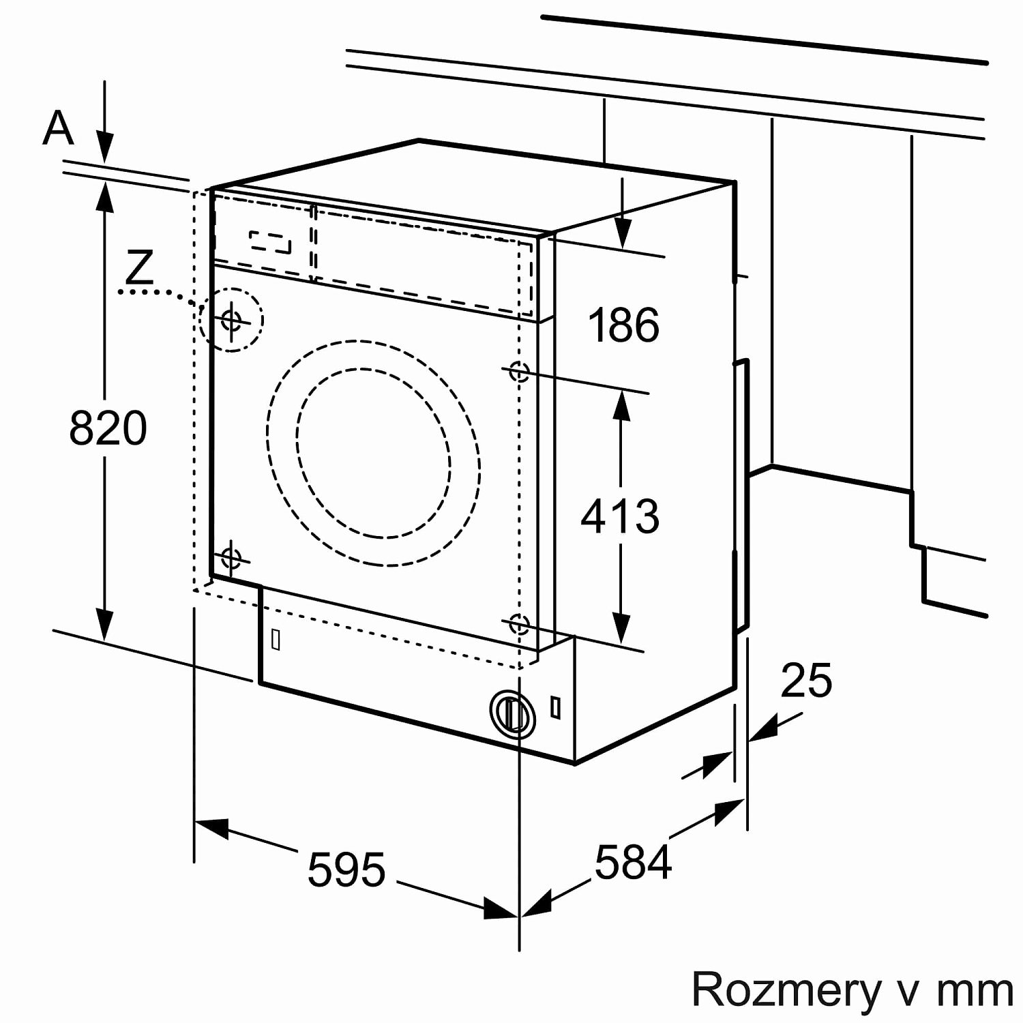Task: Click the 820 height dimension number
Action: (x=108, y=428)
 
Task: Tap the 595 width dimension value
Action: (x=346, y=870)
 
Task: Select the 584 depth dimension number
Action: (x=633, y=862)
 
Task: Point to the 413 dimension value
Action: (x=620, y=516)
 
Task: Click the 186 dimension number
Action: (x=623, y=325)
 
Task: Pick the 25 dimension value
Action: (x=806, y=680)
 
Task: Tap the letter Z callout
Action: (x=140, y=267)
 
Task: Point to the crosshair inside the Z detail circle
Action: (x=231, y=318)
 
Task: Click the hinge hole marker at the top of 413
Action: (x=519, y=372)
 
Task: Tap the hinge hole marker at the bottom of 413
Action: (x=519, y=623)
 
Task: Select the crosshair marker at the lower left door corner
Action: (x=231, y=558)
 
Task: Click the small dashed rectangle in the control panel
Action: (x=270, y=242)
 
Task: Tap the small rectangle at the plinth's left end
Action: (x=276, y=639)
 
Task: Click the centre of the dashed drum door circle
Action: (x=374, y=453)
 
